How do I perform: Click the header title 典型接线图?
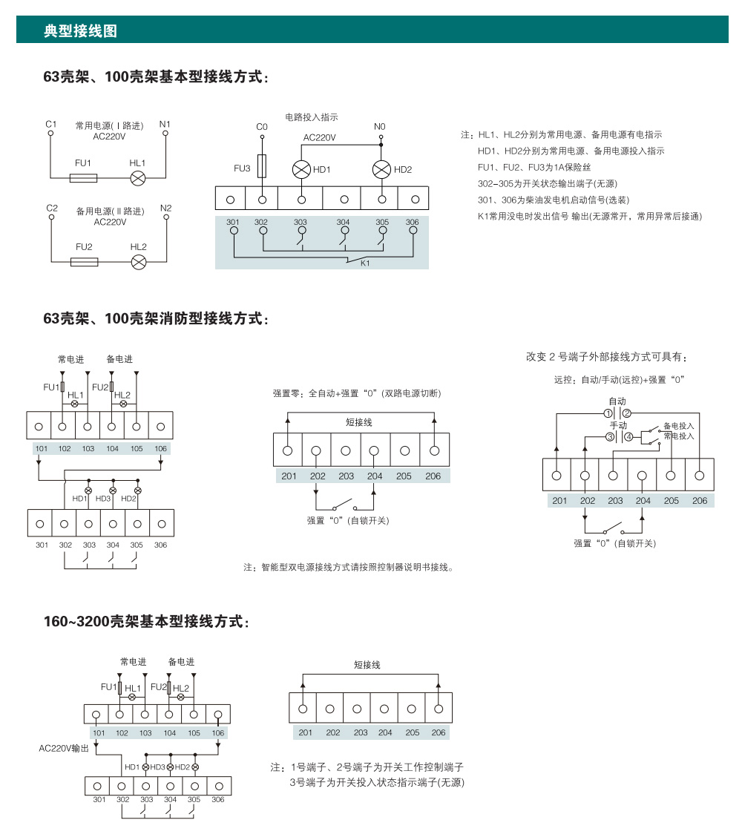(81, 31)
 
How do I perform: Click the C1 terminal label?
(50, 124)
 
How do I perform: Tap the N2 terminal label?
(165, 208)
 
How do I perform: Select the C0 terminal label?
(261, 127)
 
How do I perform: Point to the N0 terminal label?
(380, 127)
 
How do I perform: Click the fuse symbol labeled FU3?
(262, 166)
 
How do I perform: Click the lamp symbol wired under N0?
(381, 169)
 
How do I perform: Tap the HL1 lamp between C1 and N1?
(138, 178)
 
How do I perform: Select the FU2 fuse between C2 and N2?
(83, 262)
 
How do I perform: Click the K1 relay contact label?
(365, 263)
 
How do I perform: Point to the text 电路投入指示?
(312, 117)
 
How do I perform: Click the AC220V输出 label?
(64, 749)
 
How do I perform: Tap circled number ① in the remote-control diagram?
(608, 413)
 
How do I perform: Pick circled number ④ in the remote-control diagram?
(629, 437)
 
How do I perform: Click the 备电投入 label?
(678, 426)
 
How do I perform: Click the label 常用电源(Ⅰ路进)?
(110, 125)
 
